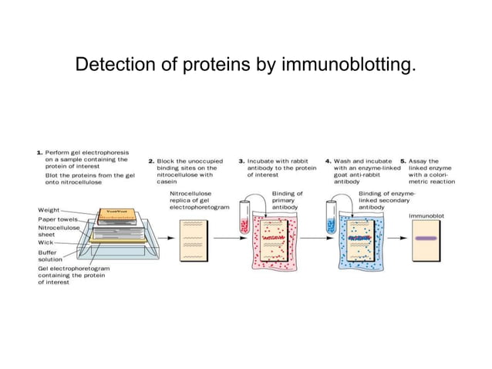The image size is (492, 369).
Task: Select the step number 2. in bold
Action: point(152,161)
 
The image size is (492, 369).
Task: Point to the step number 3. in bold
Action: point(241,161)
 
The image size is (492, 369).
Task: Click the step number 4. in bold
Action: point(329,161)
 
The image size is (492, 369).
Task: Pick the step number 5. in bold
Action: point(403,161)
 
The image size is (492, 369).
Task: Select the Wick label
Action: point(45,242)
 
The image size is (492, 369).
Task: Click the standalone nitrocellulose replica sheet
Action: point(190,239)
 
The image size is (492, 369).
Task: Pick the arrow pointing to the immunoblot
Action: point(398,238)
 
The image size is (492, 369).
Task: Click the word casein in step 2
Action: point(179,182)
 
